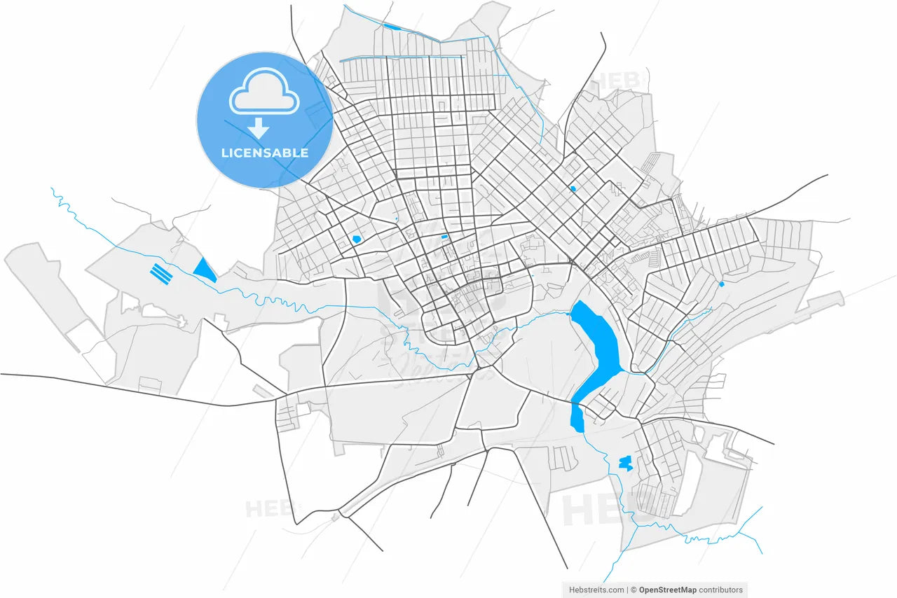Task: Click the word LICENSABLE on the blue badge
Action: point(264,153)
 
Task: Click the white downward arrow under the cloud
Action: point(259,128)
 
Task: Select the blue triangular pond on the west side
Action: point(204,270)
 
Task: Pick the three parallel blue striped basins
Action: point(161,272)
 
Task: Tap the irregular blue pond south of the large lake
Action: point(625,463)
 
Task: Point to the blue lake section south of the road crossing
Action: point(578,414)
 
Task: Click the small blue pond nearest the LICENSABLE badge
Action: point(357,239)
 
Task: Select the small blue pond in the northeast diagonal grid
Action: point(573,188)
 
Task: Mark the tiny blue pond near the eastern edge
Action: point(721,284)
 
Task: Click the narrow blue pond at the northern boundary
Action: point(391,27)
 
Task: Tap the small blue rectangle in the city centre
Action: point(444,237)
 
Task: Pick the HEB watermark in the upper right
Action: point(617,83)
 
